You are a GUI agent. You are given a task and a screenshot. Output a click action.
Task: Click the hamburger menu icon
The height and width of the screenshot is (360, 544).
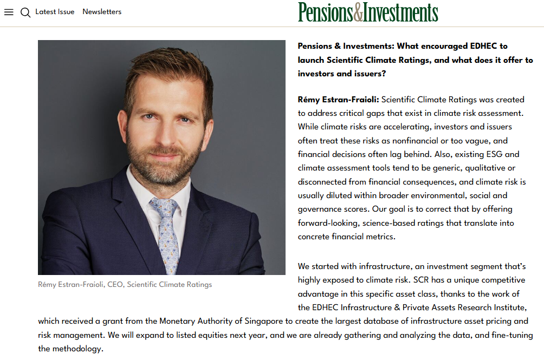pyautogui.click(x=9, y=12)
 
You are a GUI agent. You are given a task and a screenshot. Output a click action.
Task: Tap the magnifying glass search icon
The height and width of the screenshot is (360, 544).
pyautogui.click(x=25, y=12)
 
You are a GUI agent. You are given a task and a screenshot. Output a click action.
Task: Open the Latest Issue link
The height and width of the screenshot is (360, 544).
pyautogui.click(x=55, y=12)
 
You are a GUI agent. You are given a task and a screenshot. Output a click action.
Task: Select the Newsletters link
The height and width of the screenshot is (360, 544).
pyautogui.click(x=102, y=12)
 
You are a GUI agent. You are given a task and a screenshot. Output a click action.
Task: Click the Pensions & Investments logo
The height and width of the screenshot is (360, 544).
pyautogui.click(x=368, y=12)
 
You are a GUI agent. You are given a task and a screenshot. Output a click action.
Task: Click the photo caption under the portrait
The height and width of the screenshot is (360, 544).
pyautogui.click(x=125, y=284)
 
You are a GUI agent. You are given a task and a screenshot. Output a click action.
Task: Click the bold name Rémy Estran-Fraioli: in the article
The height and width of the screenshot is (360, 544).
pyautogui.click(x=338, y=100)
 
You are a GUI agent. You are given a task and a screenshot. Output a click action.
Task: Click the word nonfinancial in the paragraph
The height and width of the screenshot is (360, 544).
pyautogui.click(x=423, y=141)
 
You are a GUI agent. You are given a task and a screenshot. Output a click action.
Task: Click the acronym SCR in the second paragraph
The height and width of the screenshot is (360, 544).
pyautogui.click(x=422, y=280)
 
